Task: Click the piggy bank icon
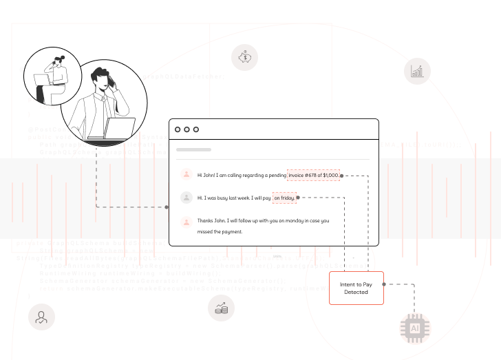point(244,57)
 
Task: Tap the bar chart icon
point(417,71)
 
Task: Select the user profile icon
point(41,317)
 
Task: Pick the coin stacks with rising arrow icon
point(221,308)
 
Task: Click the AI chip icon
point(415,328)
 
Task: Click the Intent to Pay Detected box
point(356,288)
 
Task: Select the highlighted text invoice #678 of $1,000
point(314,176)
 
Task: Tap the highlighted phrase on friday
point(284,198)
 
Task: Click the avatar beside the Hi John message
point(186,175)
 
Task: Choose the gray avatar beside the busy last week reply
point(186,198)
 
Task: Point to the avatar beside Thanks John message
point(186,222)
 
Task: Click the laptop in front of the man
point(121,129)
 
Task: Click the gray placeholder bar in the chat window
point(193,149)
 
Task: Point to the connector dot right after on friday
point(298,198)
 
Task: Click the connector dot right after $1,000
point(342,176)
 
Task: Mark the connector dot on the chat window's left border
point(168,207)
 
